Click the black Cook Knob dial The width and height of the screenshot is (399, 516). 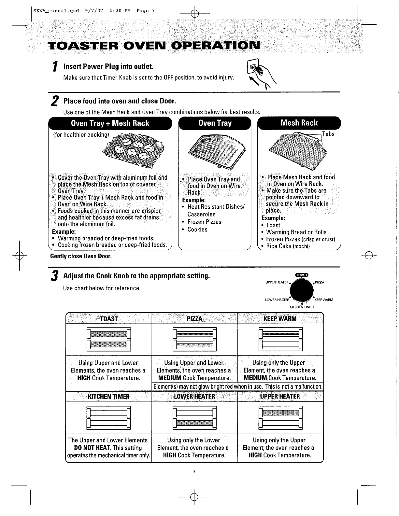[x=302, y=291]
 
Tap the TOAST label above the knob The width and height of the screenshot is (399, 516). [x=302, y=275]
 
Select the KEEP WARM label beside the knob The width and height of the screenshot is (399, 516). [x=324, y=300]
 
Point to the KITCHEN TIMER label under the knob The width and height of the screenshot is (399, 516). [x=302, y=307]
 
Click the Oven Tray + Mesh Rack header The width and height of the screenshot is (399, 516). [x=110, y=123]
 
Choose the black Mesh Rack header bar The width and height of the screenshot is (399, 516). [x=299, y=123]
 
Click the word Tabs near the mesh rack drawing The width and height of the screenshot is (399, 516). [x=328, y=134]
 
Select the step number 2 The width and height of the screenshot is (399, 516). [x=55, y=101]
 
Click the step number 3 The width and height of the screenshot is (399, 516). [x=55, y=276]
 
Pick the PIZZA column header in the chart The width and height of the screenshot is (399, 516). [x=194, y=318]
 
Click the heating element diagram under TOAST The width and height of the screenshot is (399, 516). [x=109, y=339]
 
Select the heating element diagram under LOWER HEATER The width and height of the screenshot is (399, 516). [x=194, y=418]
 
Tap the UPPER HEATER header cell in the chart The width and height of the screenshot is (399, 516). [x=280, y=396]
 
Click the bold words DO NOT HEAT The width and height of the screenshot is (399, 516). [x=93, y=448]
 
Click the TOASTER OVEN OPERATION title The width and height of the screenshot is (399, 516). [x=154, y=45]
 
